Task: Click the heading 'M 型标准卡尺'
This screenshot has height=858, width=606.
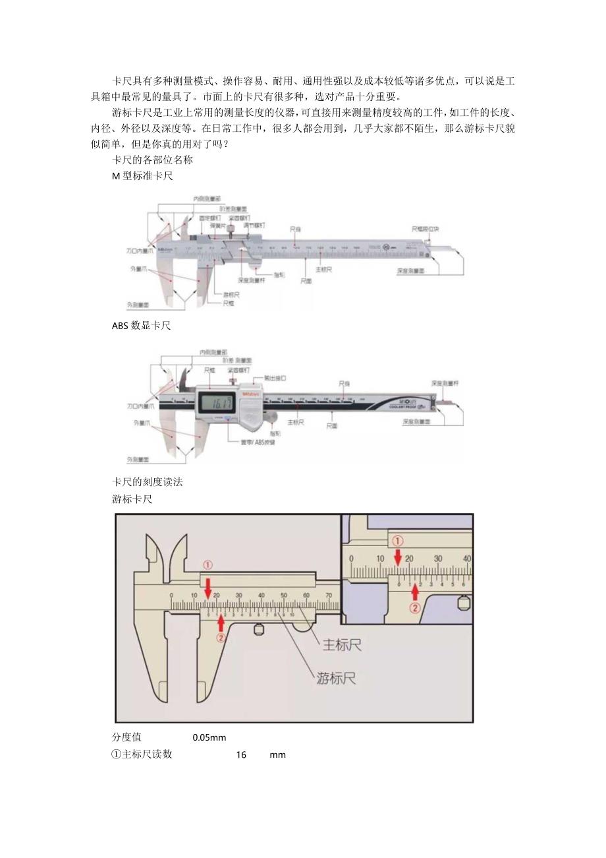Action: [142, 176]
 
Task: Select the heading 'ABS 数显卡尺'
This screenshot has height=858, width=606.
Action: [141, 326]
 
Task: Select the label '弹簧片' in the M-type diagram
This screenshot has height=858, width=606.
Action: [217, 225]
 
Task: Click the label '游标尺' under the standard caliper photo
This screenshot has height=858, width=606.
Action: [231, 295]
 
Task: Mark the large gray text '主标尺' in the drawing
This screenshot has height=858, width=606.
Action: [341, 644]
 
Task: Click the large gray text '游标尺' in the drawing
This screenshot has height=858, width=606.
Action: [336, 679]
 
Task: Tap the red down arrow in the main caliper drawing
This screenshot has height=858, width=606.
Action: [207, 588]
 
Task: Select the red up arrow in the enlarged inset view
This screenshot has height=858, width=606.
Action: [414, 591]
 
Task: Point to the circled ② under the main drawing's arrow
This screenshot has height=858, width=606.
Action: [221, 638]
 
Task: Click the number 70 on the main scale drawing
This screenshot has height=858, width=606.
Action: [328, 596]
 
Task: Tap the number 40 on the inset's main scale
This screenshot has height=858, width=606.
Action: [466, 559]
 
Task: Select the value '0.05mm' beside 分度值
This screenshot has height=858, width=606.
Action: [209, 737]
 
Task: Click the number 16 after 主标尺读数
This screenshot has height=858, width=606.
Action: [241, 755]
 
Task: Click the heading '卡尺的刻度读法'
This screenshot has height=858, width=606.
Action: [148, 482]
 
